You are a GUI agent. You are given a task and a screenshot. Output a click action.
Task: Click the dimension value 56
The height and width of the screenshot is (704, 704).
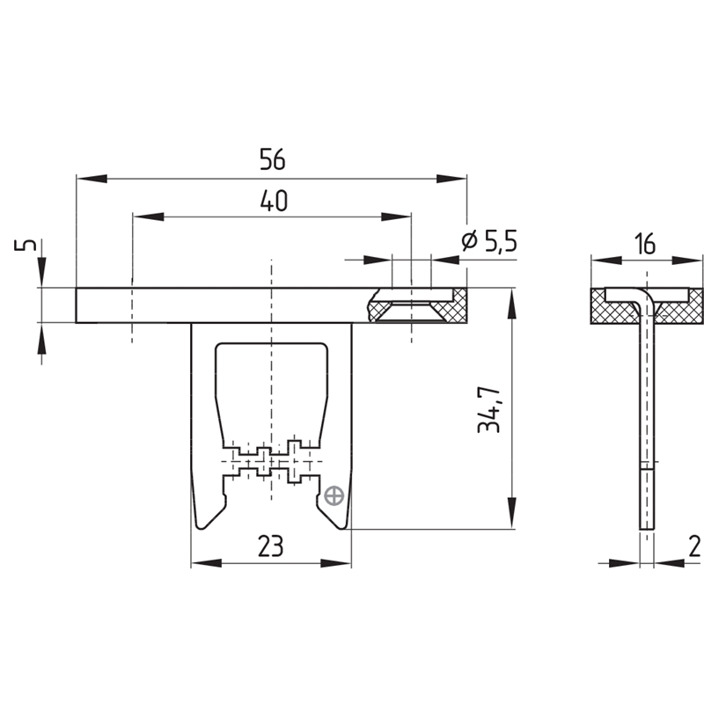coord(273,159)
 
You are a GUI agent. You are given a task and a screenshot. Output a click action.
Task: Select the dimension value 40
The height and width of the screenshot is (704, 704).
coord(274,201)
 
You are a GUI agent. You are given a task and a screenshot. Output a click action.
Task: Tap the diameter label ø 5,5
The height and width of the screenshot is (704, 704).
coord(489,241)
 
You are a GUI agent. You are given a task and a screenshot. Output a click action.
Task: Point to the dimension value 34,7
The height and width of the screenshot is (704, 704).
coord(489,408)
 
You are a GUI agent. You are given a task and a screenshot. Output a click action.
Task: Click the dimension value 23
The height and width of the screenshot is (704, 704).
coord(271,546)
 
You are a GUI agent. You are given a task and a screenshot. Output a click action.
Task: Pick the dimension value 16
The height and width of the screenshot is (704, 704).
coord(646,244)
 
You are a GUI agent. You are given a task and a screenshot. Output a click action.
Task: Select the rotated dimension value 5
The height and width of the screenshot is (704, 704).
coord(26,246)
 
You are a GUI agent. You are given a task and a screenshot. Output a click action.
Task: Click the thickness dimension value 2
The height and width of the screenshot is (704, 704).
coord(694,546)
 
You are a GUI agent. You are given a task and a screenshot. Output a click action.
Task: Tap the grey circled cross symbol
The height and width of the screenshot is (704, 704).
coord(334,496)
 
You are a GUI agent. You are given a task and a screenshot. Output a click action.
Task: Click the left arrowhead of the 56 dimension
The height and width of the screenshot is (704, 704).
coord(92,179)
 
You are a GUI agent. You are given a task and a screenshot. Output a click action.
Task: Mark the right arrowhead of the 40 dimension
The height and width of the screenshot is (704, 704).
coord(395,216)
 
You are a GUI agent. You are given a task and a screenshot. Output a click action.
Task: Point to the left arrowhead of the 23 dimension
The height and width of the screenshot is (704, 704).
coord(206,563)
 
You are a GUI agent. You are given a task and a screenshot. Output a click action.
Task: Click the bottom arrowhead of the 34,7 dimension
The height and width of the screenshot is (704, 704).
coord(511,513)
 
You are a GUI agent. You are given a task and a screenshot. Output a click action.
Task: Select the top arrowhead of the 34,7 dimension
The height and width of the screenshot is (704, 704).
coord(511,304)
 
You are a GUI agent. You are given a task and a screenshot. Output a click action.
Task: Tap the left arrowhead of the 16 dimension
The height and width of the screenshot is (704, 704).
coord(606,260)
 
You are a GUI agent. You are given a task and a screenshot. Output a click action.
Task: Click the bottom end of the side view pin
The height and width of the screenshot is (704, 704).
coord(647,528)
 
